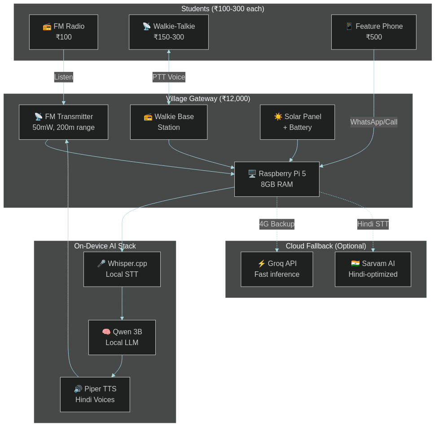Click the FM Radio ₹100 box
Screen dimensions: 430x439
(63, 32)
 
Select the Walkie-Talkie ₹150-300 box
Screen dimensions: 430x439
(169, 32)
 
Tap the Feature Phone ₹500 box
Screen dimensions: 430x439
(373, 32)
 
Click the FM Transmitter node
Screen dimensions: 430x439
(63, 122)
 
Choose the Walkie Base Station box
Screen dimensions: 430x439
(169, 122)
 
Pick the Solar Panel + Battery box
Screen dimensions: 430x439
(297, 122)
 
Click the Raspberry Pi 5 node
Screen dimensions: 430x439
(277, 179)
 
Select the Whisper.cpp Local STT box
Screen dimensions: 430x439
(122, 269)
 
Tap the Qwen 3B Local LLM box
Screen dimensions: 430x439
(122, 337)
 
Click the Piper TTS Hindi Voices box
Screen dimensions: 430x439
(95, 395)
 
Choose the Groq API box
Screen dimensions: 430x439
(277, 269)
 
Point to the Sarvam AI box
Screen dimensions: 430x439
(373, 269)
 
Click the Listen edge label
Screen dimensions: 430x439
(63, 77)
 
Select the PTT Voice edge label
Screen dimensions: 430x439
(169, 77)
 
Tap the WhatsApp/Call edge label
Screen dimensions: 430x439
(373, 122)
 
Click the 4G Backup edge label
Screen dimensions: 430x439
(277, 224)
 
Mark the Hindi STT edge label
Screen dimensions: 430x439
(373, 224)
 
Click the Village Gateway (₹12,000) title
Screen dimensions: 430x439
(208, 98)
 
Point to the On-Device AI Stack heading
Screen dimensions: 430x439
(105, 246)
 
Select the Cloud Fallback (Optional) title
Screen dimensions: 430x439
(325, 246)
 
